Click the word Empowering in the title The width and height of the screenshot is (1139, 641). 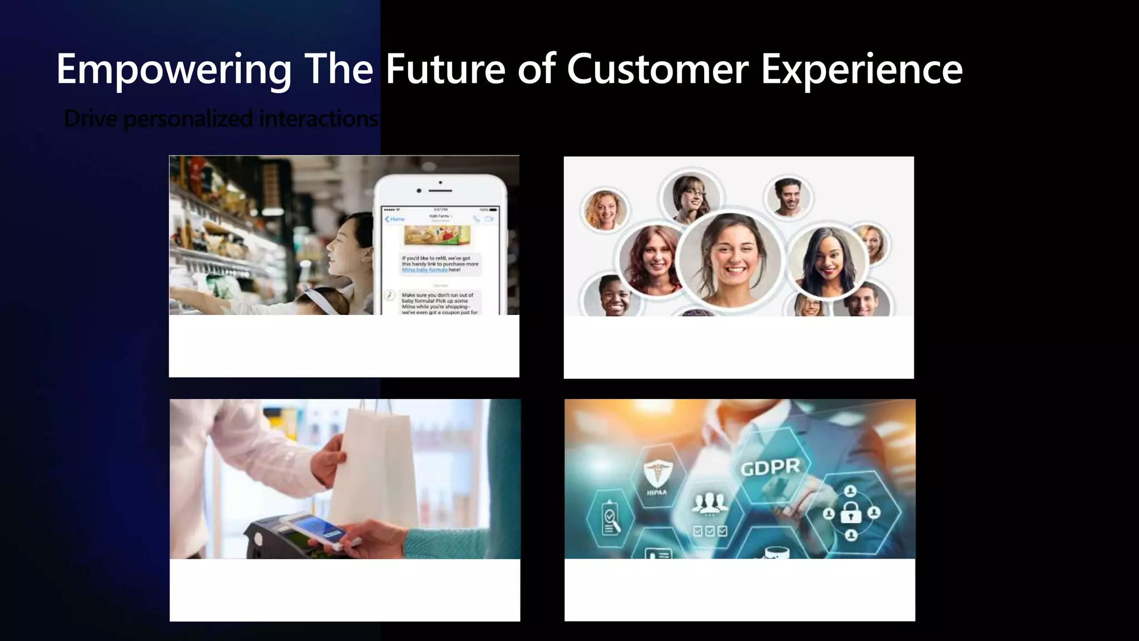tap(174, 69)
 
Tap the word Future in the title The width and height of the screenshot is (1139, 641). tap(445, 69)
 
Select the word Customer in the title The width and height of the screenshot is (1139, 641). tap(657, 69)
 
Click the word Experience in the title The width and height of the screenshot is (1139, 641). tap(861, 69)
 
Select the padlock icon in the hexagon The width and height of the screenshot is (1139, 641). tap(850, 512)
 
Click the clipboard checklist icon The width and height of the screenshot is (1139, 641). tap(610, 519)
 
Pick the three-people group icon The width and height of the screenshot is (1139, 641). tap(710, 503)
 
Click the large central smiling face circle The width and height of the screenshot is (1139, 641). tap(730, 260)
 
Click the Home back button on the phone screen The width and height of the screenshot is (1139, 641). tap(395, 219)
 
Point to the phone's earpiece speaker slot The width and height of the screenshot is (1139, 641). tap(440, 191)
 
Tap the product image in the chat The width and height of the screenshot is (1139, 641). tap(438, 235)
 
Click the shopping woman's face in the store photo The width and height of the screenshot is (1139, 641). tap(344, 249)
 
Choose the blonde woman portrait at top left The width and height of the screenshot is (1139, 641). tap(605, 210)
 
